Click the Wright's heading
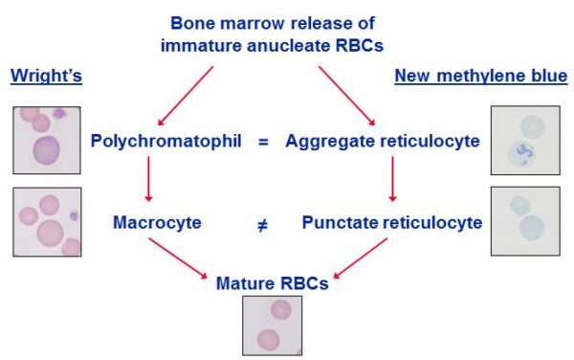(46, 76)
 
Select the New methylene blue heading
(481, 76)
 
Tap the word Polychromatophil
(166, 141)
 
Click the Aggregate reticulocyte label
(383, 141)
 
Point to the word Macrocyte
(157, 222)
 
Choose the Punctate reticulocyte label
(392, 222)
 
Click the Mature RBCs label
(273, 283)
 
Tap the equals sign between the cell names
(263, 142)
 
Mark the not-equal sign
(262, 225)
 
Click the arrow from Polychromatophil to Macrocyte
(148, 179)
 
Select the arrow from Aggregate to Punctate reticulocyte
(392, 179)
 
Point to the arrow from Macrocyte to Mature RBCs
(178, 259)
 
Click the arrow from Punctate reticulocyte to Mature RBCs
(361, 259)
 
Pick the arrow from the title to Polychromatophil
(186, 96)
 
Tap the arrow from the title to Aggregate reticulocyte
(347, 96)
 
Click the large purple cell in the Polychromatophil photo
(47, 151)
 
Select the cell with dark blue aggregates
(522, 154)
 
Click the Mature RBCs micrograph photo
(273, 326)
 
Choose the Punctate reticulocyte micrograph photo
(525, 221)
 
